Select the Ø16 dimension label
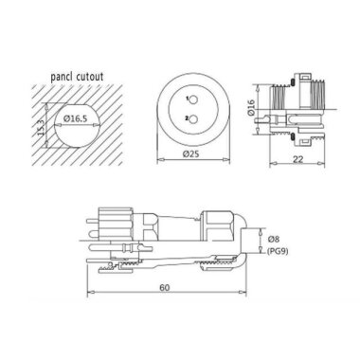pyautogui.click(x=268, y=107)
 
